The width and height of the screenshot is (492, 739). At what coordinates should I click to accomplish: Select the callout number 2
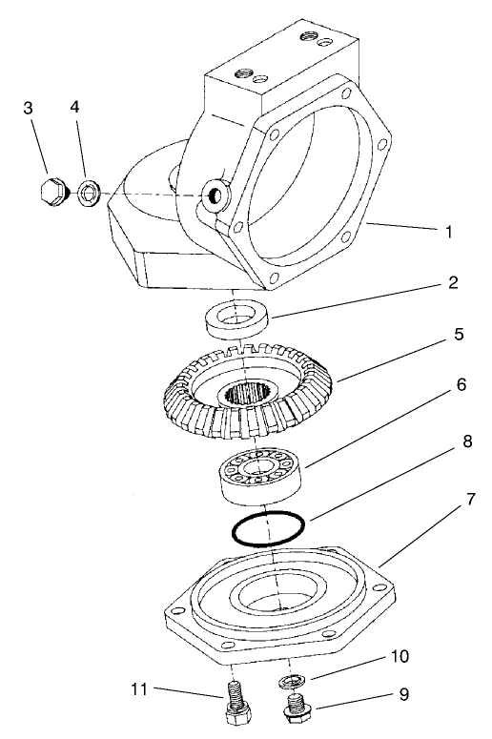[455, 283]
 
